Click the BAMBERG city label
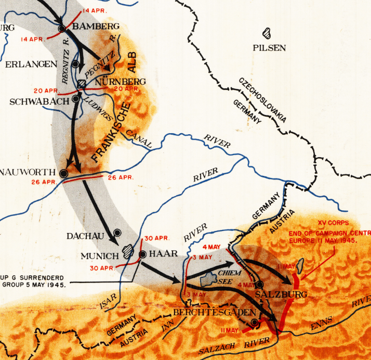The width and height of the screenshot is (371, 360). (96, 26)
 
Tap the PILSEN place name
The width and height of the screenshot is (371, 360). (269, 48)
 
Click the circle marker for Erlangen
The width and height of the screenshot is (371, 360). (76, 64)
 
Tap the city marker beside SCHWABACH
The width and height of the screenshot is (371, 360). (76, 98)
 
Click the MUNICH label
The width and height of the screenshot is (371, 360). (100, 256)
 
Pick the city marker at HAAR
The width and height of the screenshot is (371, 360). (142, 254)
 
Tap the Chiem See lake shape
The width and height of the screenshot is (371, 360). (207, 278)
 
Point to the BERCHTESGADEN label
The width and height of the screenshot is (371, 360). (215, 312)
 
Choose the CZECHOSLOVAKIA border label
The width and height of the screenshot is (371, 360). (262, 100)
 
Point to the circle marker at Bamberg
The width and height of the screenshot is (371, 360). (62, 28)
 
